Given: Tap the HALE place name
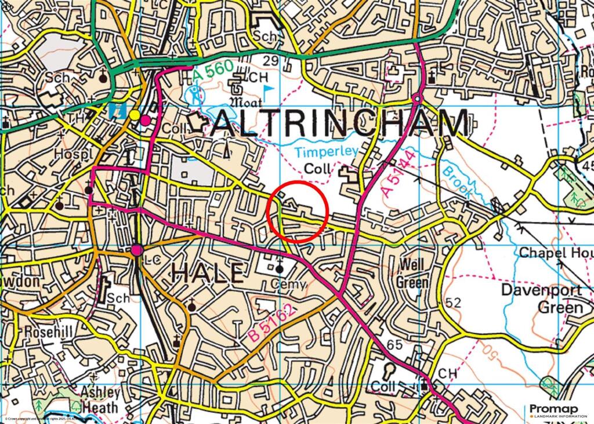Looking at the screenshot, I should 207,273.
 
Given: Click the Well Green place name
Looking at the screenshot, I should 412,274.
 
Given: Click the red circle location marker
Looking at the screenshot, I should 298,211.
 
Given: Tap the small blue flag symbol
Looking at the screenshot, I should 269,89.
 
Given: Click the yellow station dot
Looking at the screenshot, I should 135,115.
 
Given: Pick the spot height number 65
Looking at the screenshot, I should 394,345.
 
